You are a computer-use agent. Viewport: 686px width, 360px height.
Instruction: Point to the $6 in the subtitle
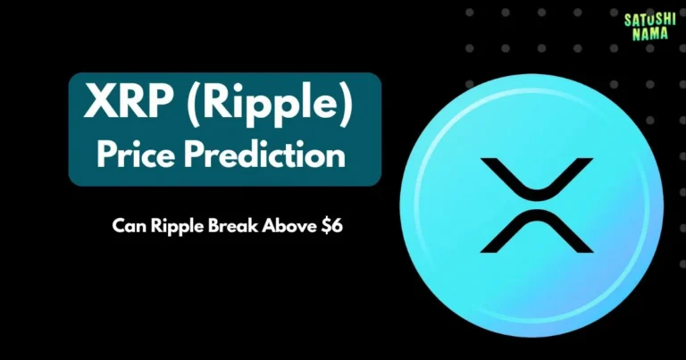click(x=333, y=226)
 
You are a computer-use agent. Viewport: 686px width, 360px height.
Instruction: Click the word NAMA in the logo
click(x=648, y=32)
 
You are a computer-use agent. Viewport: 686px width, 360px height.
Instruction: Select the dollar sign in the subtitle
click(x=328, y=226)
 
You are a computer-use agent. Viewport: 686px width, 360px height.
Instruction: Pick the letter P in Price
click(x=105, y=155)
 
